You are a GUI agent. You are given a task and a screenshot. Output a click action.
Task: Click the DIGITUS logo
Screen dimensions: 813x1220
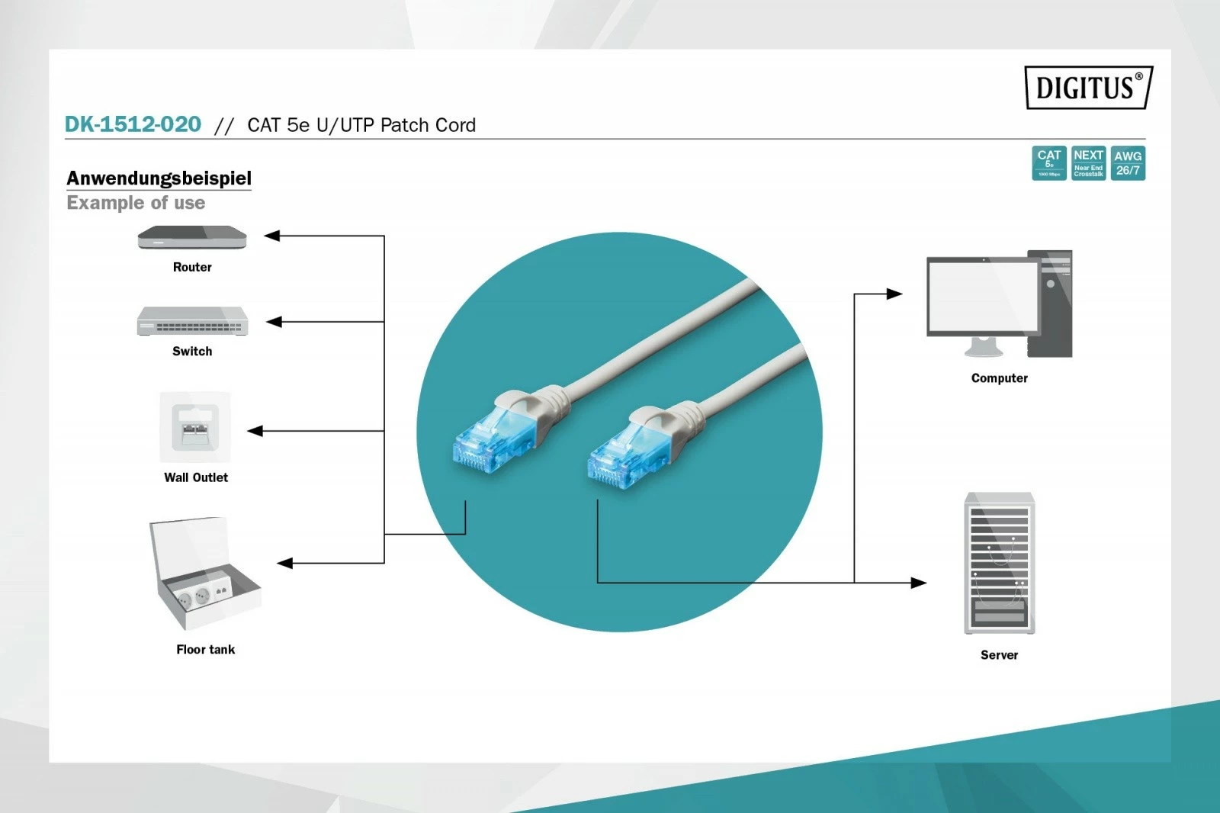coord(1087,88)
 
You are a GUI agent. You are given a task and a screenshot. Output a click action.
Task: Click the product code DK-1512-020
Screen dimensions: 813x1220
coord(133,124)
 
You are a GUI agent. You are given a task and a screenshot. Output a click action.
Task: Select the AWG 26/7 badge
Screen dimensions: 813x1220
coord(1128,163)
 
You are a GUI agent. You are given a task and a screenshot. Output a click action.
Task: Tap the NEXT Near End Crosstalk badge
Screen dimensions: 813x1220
coord(1088,163)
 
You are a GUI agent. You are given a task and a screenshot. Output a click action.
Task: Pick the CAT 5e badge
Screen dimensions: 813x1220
coord(1048,163)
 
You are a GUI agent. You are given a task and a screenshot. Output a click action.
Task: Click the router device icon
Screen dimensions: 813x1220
coord(192,238)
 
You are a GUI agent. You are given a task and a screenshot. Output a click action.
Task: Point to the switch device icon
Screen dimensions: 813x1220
coord(192,321)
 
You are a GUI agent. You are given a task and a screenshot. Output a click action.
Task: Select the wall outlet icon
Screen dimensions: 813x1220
coord(194,427)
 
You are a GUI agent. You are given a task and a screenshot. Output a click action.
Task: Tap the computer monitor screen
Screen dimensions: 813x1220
coord(983,296)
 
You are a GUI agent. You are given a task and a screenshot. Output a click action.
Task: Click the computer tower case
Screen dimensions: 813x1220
coord(1050,303)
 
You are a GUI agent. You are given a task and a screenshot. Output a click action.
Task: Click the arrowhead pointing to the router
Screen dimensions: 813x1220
coord(271,236)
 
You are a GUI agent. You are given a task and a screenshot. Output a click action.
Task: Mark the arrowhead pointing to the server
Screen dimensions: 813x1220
coord(919,583)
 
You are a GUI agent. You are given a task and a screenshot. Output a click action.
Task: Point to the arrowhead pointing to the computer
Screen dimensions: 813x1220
coord(894,294)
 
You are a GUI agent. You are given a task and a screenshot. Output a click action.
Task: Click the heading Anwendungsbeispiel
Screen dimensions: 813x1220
coord(159,178)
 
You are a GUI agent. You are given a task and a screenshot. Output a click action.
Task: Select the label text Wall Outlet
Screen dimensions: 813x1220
coord(196,477)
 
